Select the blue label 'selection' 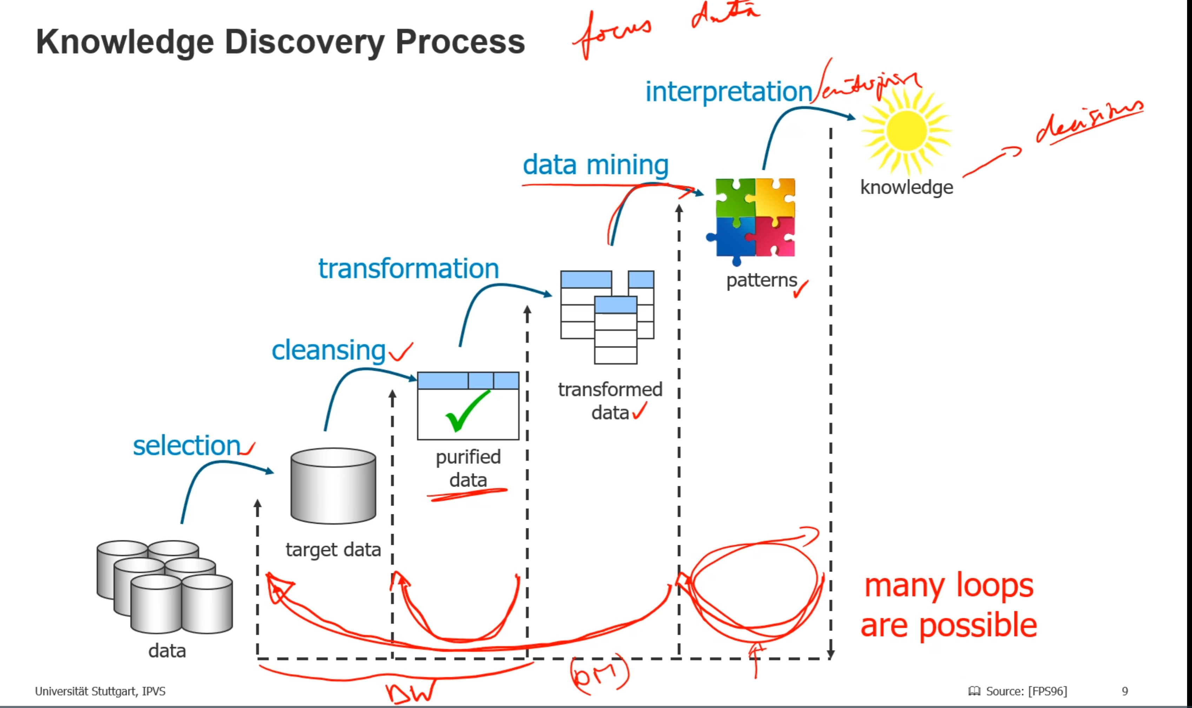186,446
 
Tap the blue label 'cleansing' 328,350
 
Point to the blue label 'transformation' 409,269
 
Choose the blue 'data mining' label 596,165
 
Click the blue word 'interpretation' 728,92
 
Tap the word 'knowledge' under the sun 906,187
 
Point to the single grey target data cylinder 333,486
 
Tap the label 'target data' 333,550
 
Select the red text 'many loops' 949,586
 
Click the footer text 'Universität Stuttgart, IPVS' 100,691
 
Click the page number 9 1125,691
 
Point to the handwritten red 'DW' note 410,692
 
